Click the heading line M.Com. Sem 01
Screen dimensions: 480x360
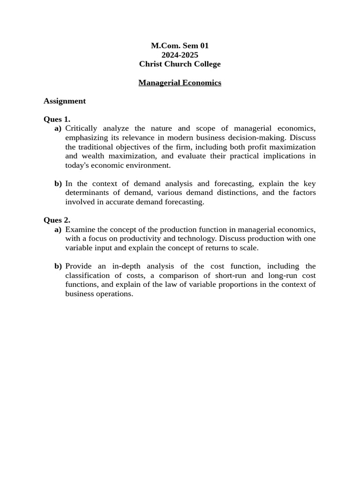tap(180, 46)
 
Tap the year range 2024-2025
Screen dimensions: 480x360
tap(180, 55)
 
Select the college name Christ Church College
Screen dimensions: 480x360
tap(180, 64)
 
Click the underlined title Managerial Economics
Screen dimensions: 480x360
tap(180, 83)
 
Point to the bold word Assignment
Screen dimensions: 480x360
tap(65, 101)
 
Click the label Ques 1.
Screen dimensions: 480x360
tap(57, 120)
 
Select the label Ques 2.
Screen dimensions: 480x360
tap(57, 220)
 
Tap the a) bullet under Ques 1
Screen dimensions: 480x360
tap(58, 128)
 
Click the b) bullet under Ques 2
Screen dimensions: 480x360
tap(58, 266)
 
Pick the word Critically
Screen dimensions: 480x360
tap(81, 128)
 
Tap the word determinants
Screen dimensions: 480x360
tap(87, 193)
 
